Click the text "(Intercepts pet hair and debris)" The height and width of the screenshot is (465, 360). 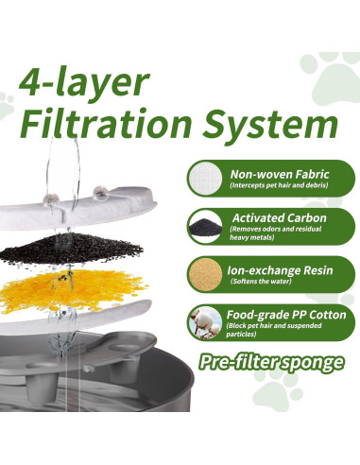pyautogui.click(x=278, y=186)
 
